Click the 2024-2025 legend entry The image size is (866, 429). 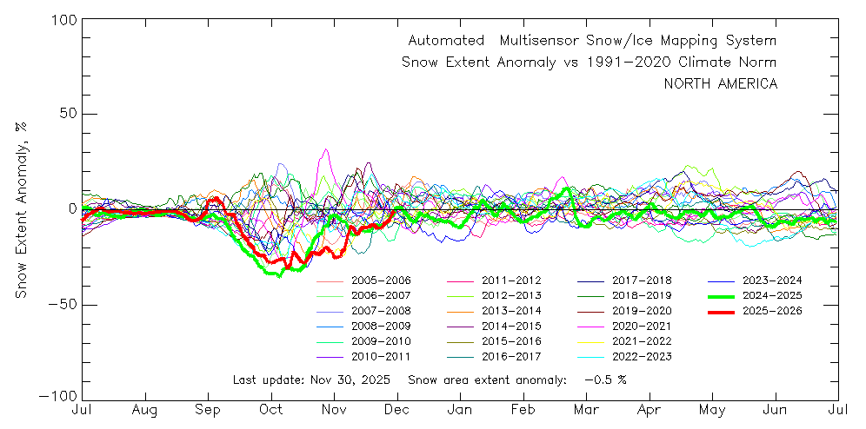pyautogui.click(x=772, y=295)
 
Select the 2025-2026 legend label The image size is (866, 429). pyautogui.click(x=772, y=311)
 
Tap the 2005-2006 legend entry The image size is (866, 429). pyautogui.click(x=381, y=280)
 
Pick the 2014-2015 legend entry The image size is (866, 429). pyautogui.click(x=511, y=326)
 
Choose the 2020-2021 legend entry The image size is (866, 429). pyautogui.click(x=642, y=326)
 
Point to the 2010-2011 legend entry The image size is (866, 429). pyautogui.click(x=381, y=356)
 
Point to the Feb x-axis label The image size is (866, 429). pyautogui.click(x=523, y=409)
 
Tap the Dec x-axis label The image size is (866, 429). pyautogui.click(x=397, y=409)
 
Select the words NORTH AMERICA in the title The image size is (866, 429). pyautogui.click(x=721, y=83)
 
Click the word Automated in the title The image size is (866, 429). pyautogui.click(x=446, y=41)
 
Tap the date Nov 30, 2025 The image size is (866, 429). pyautogui.click(x=354, y=379)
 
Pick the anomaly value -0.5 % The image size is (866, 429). pyautogui.click(x=605, y=379)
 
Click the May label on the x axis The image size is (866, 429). pyautogui.click(x=713, y=409)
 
